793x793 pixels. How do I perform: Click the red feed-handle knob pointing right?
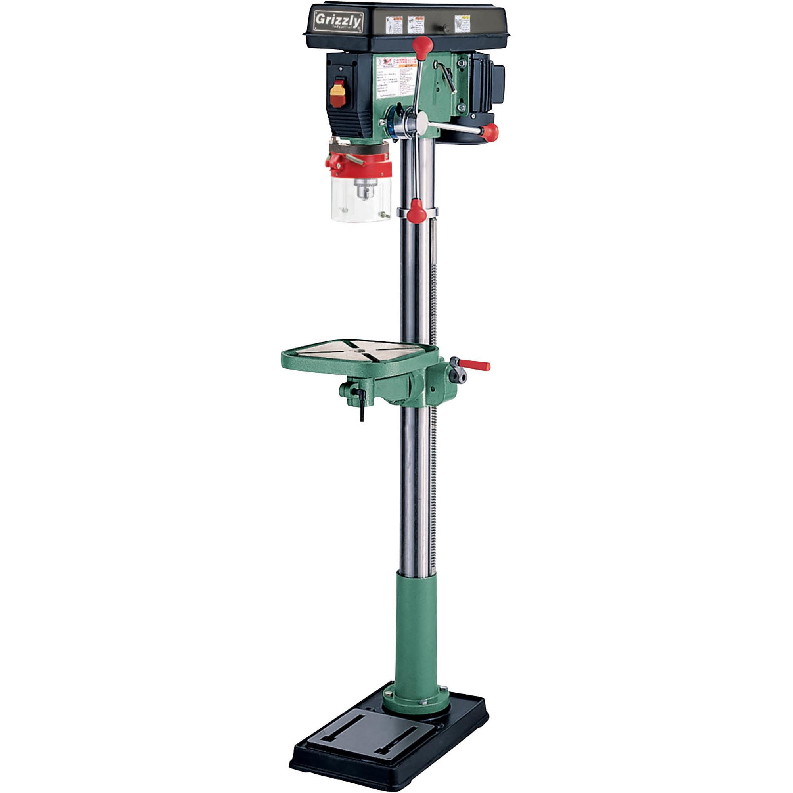coord(490,132)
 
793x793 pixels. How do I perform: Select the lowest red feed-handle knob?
coord(418,210)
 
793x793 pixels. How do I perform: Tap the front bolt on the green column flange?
coord(423,703)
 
